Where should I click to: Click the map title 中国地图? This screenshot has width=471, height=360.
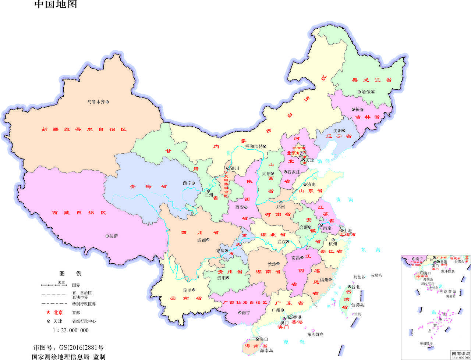56,5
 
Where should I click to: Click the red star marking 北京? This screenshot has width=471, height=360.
298,153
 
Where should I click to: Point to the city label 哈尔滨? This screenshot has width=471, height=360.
368,92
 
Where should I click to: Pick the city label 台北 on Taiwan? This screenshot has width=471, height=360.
355,287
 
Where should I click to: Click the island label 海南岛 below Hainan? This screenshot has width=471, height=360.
266,350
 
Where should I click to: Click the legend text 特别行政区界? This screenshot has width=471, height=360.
84,304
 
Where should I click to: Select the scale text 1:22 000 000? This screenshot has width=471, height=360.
70,330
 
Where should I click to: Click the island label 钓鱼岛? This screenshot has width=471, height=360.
359,277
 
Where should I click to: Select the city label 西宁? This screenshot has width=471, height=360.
187,183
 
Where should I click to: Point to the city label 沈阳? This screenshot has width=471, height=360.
337,131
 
